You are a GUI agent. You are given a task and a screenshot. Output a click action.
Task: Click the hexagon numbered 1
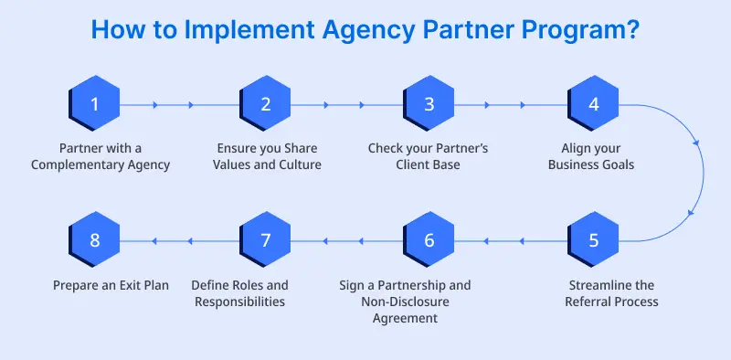[95, 104]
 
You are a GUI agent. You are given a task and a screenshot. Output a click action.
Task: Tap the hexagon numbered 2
[266, 104]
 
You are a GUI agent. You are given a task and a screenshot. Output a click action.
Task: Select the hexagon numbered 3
[429, 104]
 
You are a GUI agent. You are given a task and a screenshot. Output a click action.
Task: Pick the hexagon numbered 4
[594, 104]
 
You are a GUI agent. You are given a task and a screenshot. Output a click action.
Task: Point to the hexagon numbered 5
[594, 241]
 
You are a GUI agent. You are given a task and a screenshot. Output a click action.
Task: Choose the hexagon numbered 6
[429, 241]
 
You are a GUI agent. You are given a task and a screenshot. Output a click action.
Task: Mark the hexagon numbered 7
[266, 241]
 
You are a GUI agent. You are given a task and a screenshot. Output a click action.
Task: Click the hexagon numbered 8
[95, 241]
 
